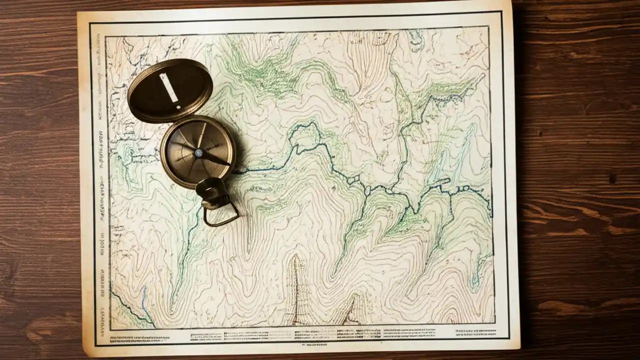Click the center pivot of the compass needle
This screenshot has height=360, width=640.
198,153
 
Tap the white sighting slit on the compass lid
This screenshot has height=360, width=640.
169,87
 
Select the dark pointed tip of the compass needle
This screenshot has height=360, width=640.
227,163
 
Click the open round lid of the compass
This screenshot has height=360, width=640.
170,90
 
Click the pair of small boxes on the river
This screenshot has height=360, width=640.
353,179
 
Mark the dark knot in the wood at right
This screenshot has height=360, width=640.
612,178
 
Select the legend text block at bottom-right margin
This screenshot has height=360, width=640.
473,331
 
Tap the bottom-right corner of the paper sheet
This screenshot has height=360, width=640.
519,348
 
